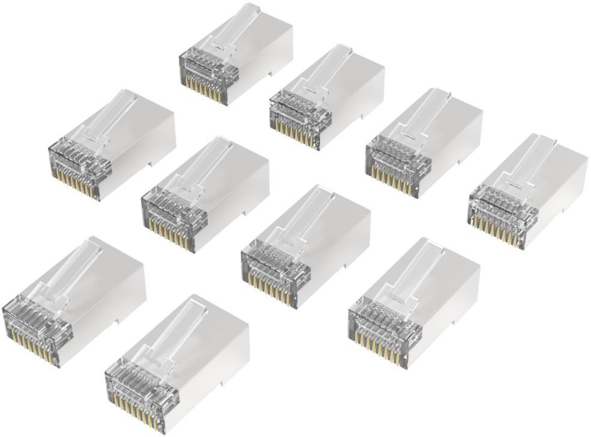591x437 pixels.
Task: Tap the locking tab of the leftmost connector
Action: tap(69, 269)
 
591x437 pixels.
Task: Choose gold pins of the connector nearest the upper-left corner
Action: tap(79, 186)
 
